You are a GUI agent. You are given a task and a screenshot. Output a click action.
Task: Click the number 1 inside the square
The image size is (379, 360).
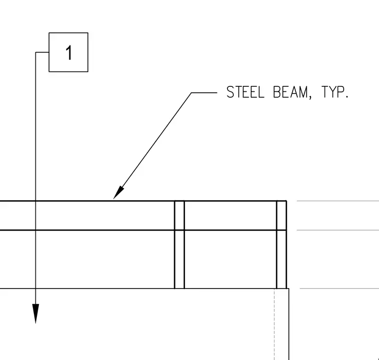(69, 52)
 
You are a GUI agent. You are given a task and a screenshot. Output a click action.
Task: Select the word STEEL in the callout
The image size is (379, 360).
(245, 92)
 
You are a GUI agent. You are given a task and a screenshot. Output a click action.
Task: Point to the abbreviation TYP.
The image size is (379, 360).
(335, 92)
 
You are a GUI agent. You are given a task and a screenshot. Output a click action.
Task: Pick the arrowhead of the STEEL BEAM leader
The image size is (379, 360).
(119, 193)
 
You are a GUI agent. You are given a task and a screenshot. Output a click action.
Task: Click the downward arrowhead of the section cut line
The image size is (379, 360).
(35, 314)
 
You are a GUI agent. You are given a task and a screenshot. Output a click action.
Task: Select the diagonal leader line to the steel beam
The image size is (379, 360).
(152, 146)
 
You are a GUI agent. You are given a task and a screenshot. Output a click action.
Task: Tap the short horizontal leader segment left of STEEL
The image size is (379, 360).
(204, 92)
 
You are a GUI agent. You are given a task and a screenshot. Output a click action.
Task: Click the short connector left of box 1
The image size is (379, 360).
(42, 52)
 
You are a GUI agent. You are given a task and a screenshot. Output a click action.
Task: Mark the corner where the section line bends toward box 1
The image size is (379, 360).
(36, 52)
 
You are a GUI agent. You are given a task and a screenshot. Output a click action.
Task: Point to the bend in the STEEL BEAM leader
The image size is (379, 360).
(191, 92)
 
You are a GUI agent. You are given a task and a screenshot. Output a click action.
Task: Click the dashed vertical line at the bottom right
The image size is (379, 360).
(274, 324)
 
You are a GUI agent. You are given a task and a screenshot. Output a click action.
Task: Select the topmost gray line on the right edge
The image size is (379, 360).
(338, 201)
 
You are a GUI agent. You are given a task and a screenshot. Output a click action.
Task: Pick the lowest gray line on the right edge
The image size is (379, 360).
(340, 289)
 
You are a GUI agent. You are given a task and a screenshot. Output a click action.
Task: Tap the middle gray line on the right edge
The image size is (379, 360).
(338, 230)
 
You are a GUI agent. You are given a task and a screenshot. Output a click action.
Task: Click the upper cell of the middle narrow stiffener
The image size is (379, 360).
(180, 215)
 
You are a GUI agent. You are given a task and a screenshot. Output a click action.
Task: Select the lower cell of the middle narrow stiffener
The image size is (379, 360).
(180, 259)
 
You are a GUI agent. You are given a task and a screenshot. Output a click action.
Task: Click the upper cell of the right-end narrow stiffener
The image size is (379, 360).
(282, 215)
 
